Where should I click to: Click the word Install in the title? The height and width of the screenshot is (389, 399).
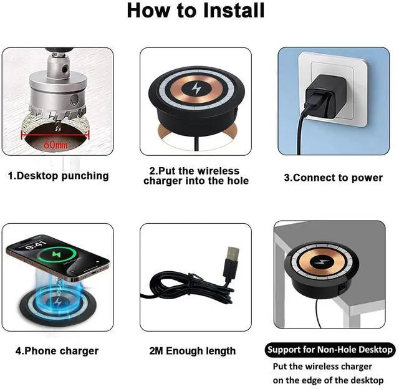(234, 11)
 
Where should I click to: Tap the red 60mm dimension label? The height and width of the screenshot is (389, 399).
(55, 145)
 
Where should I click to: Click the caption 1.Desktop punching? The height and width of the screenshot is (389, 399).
(58, 176)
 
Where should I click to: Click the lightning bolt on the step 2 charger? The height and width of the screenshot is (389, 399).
(196, 89)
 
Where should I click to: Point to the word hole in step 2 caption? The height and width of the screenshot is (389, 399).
(238, 181)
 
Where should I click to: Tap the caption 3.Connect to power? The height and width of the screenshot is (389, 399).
(334, 178)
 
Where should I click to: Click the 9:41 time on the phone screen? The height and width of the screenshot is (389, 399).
(36, 245)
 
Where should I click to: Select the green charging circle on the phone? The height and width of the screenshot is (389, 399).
(57, 254)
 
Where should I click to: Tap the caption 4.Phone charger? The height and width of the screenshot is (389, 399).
(57, 351)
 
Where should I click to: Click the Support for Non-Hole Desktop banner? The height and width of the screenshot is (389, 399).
(330, 350)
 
